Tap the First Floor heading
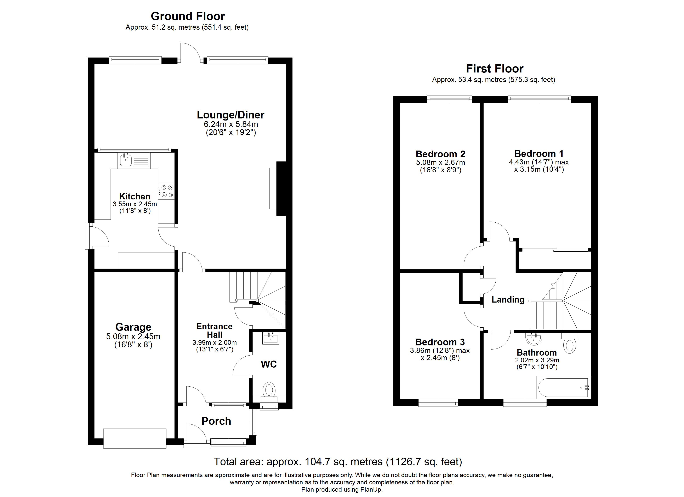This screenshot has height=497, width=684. click(x=495, y=69)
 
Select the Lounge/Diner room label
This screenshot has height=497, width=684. click(x=230, y=115)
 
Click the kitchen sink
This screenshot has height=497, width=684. click(x=125, y=160)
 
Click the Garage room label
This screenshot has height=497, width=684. click(x=133, y=327)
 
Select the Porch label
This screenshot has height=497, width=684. click(x=216, y=421)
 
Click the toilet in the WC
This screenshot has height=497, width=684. click(x=269, y=390)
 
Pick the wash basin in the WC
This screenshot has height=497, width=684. click(x=271, y=338)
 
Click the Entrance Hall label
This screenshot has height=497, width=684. click(x=215, y=330)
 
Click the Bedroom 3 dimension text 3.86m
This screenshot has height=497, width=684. click(x=422, y=351)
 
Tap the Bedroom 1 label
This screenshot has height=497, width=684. click(x=539, y=154)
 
